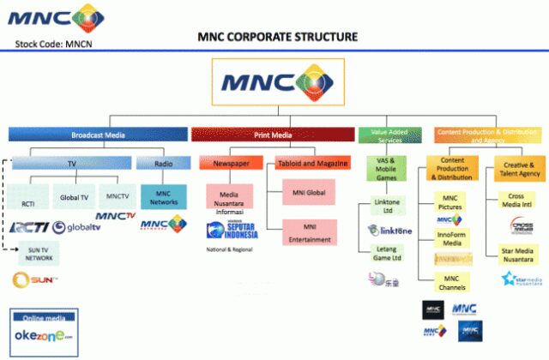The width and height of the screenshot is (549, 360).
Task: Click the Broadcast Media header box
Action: (x=98, y=134)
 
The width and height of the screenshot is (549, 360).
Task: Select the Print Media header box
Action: (x=273, y=134)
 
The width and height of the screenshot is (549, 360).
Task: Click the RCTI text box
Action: (x=27, y=205)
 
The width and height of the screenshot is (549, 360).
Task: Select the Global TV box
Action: (x=73, y=197)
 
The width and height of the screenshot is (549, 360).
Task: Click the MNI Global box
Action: (x=306, y=194)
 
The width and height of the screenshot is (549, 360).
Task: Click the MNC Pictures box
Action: (x=451, y=202)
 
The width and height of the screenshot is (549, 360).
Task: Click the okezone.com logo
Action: (x=43, y=335)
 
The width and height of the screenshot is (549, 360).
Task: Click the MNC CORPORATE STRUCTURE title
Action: (x=277, y=38)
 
